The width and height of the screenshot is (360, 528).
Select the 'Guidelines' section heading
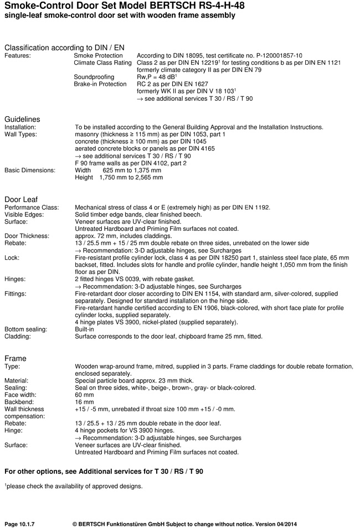[22, 119]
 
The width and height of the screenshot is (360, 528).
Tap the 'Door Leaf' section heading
[20, 199]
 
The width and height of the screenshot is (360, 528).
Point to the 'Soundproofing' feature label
[94, 77]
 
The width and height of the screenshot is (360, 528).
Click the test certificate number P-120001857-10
[268, 56]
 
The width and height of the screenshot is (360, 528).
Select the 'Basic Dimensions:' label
[30, 170]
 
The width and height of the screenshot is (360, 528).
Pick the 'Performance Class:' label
[32, 208]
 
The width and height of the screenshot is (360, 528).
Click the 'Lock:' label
[12, 257]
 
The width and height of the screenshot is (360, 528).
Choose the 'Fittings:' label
[17, 294]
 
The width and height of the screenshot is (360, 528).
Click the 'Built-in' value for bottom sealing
[84, 329]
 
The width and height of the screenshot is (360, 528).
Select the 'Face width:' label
[22, 395]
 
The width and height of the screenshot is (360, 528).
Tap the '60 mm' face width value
[85, 395]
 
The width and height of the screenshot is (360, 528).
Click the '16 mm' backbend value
[85, 402]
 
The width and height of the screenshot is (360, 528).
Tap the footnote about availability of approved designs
[74, 486]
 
